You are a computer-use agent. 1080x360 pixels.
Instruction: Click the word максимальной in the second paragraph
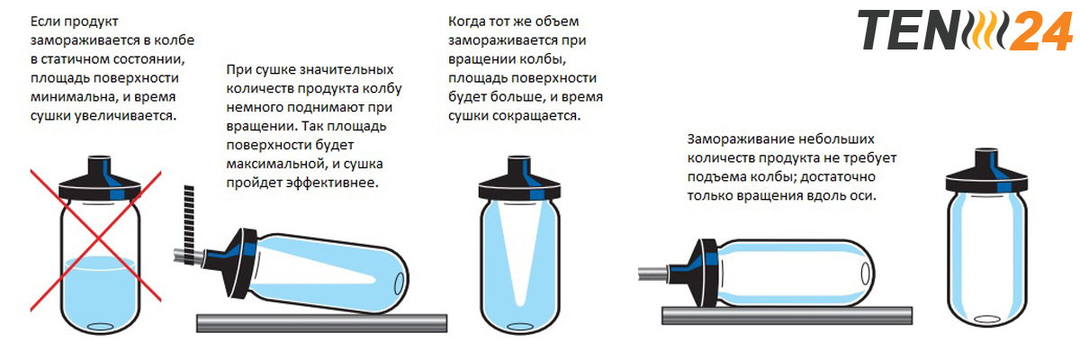pos(274,164)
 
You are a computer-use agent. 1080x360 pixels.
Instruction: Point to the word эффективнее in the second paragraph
pos(333,183)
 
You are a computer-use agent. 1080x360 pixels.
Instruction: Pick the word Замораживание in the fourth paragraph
pos(740,139)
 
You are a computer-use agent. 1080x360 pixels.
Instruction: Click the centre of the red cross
pos(97,239)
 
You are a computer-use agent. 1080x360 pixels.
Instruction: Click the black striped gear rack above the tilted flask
pos(189,224)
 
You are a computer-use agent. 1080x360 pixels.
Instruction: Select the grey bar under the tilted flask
pos(321,323)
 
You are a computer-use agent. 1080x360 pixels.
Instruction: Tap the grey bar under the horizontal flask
pos(787,315)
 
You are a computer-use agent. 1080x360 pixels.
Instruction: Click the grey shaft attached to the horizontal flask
pos(653,274)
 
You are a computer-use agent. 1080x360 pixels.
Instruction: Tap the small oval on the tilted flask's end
pos(400,283)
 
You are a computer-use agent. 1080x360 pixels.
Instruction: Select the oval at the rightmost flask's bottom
pos(987,319)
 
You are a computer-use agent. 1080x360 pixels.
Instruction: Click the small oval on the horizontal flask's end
pos(866,274)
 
